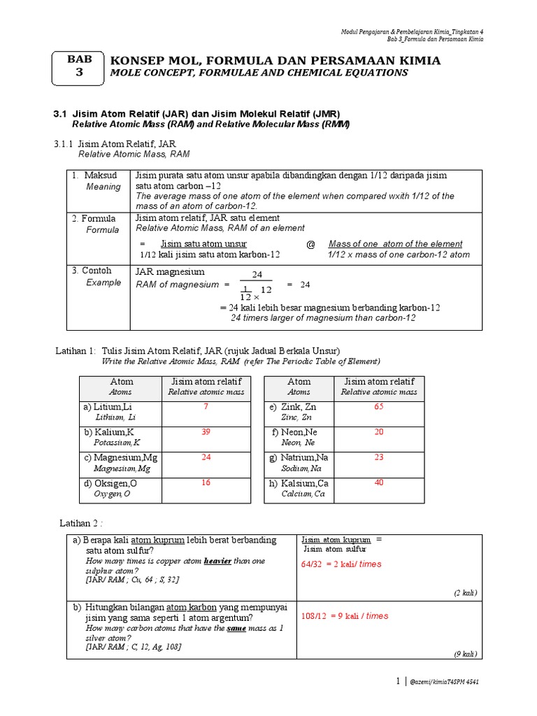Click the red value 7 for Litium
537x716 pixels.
[206, 407]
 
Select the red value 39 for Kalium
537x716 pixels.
[206, 432]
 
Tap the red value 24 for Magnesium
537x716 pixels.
[206, 457]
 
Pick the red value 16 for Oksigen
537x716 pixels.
[206, 483]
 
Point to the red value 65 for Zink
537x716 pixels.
[379, 407]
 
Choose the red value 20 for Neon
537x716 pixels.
[379, 432]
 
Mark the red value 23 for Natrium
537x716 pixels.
[379, 457]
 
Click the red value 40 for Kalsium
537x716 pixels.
[379, 483]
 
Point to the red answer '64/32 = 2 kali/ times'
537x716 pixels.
[341, 564]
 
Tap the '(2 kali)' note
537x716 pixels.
[464, 593]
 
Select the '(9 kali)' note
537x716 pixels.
[464, 654]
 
